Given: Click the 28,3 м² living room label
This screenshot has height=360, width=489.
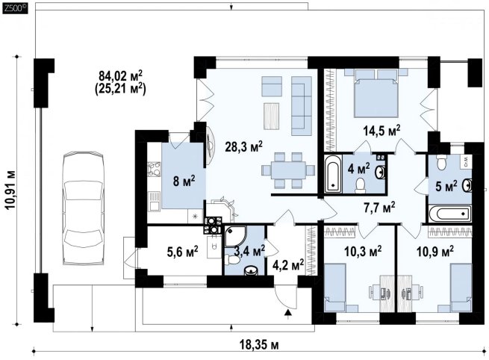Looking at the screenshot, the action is [244, 146].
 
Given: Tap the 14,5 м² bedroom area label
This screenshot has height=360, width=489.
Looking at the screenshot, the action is [381, 131].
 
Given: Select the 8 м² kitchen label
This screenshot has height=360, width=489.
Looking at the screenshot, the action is [184, 180].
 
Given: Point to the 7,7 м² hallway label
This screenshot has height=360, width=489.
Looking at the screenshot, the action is [379, 207].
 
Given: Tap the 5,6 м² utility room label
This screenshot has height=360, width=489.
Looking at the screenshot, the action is [183, 252].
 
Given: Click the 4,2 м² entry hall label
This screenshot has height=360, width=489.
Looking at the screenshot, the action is [288, 265].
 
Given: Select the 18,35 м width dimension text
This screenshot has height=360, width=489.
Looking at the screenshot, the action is [259, 345].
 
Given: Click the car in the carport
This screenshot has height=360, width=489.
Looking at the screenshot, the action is [83, 208].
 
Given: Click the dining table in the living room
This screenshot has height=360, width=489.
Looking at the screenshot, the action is [288, 170].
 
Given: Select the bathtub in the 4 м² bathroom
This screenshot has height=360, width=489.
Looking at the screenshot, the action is [333, 173].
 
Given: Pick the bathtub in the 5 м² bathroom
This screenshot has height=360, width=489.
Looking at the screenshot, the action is [449, 214].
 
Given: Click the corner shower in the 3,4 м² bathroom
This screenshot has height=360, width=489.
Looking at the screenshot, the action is [234, 235].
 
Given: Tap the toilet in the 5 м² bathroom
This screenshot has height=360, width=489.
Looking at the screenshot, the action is [441, 162].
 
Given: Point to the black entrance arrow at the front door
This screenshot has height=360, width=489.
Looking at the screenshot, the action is [289, 312].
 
